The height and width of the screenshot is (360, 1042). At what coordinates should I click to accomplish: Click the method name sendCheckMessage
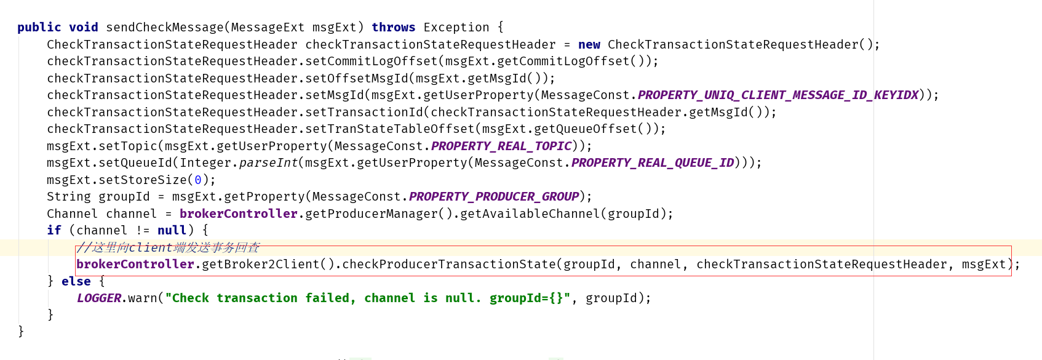tap(165, 28)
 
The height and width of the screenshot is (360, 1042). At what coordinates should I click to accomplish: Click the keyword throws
tap(393, 28)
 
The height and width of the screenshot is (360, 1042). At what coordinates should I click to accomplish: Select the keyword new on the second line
tap(589, 45)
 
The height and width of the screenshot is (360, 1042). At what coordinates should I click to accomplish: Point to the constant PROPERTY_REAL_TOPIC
tap(501, 146)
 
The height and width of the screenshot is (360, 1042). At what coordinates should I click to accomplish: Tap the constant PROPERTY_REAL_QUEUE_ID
tap(653, 163)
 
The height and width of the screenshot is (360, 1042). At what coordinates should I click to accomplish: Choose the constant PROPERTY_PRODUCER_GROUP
tap(494, 197)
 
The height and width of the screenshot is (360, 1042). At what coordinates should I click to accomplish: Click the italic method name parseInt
tap(268, 163)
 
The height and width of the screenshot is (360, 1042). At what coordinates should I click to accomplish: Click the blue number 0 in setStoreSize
tap(198, 180)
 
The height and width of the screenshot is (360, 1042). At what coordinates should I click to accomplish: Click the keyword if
tap(54, 231)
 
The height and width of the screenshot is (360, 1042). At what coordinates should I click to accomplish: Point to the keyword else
tap(76, 281)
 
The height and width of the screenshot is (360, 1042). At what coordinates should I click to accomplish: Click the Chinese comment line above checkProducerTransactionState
tap(168, 247)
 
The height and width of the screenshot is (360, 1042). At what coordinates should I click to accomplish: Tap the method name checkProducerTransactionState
tap(449, 265)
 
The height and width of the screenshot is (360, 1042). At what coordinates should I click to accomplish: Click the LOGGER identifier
tap(99, 298)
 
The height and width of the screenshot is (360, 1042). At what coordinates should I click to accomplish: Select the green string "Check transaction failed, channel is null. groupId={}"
tap(367, 298)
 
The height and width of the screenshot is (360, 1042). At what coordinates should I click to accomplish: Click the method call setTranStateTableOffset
tap(394, 129)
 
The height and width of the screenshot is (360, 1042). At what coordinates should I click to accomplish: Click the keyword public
tap(39, 28)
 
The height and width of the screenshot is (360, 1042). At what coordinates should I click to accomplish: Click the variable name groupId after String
tap(124, 197)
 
